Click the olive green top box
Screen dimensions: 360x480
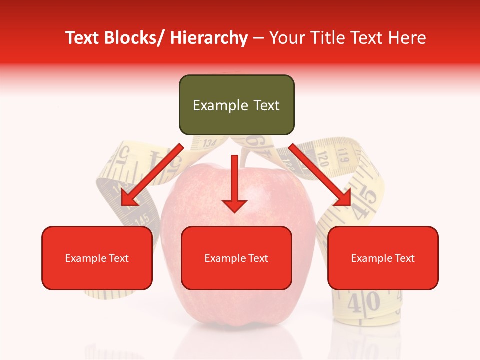click(x=236, y=105)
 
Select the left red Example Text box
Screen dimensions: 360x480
click(x=97, y=258)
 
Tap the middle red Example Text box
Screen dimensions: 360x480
click(x=236, y=258)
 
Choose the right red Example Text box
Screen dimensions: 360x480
click(x=383, y=258)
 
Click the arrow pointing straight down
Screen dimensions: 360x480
click(x=234, y=185)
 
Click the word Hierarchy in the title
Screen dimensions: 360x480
click(x=208, y=38)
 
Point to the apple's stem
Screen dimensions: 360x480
click(x=244, y=155)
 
